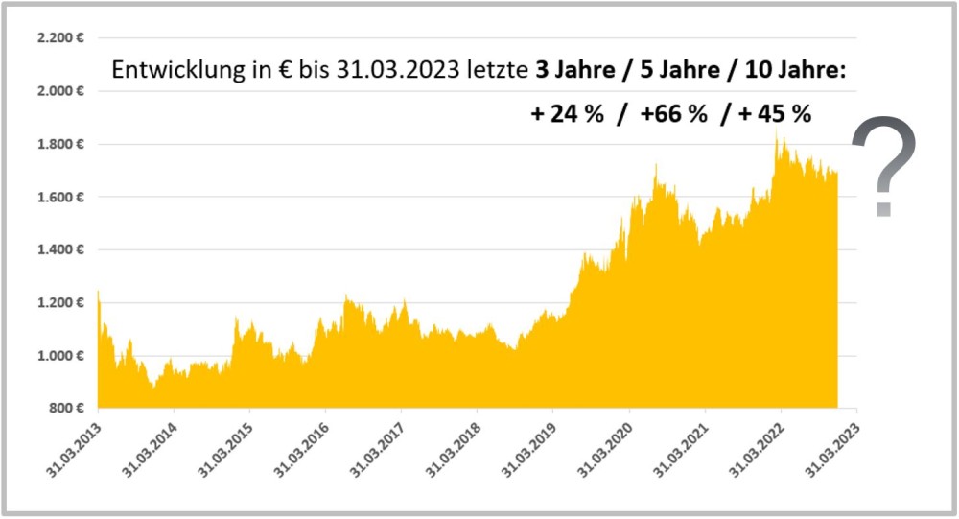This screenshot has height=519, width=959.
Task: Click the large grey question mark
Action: point(883,165)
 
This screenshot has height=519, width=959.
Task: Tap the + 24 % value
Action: point(568,114)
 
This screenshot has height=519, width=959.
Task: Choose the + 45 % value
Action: point(776,114)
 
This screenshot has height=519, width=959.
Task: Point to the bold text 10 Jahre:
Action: point(795,71)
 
